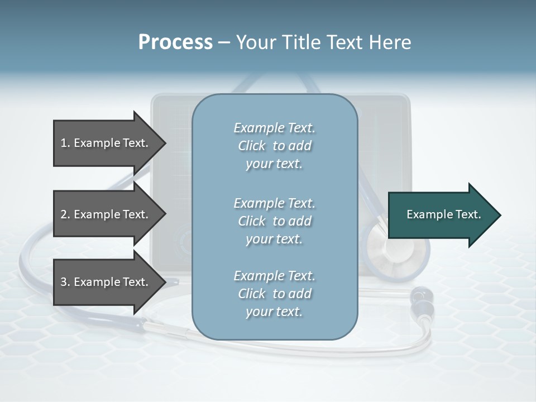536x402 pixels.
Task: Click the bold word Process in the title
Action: tap(175, 42)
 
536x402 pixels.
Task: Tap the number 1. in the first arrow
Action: tap(65, 143)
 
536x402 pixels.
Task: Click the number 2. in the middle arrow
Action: tap(65, 214)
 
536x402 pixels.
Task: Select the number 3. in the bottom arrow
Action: tap(65, 282)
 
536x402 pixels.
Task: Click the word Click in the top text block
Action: tap(252, 146)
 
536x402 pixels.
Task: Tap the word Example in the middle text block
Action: tap(259, 203)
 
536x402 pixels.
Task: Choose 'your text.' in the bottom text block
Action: tap(274, 312)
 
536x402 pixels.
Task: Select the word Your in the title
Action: tap(255, 42)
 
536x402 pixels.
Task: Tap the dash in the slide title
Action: tap(224, 42)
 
